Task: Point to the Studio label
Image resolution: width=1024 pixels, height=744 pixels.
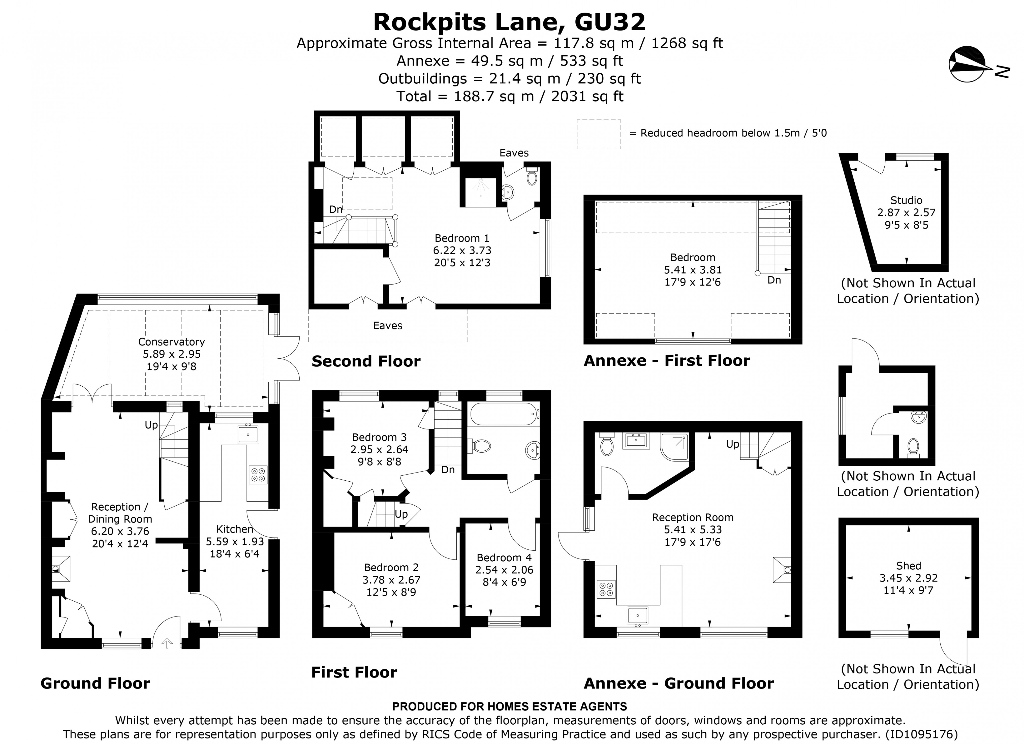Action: pos(906,200)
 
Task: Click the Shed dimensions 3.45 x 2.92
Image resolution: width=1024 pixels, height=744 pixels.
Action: pos(908,578)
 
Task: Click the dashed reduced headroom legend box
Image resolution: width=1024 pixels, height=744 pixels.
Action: pos(598,134)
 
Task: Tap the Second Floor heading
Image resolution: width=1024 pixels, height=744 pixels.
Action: pos(366,361)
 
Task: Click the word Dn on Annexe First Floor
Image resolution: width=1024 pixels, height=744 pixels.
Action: pos(774,280)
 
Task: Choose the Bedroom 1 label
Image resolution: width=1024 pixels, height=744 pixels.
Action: pos(461,238)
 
